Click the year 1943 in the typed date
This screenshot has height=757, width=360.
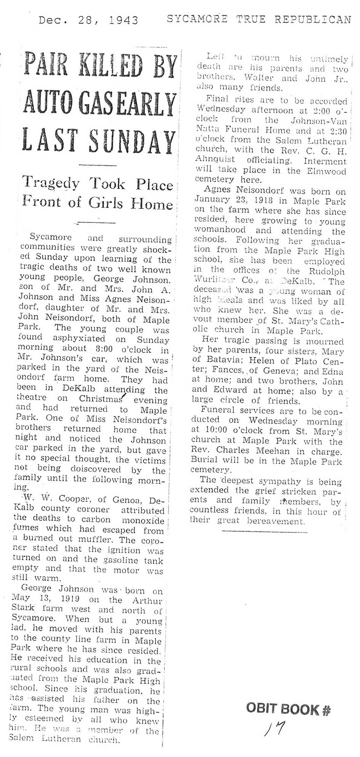point(124,20)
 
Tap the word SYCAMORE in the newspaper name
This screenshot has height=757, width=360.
point(197,19)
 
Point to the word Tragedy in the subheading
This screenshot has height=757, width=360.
point(51,183)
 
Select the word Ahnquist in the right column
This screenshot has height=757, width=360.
point(215,159)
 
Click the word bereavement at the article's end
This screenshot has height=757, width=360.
point(276,521)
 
